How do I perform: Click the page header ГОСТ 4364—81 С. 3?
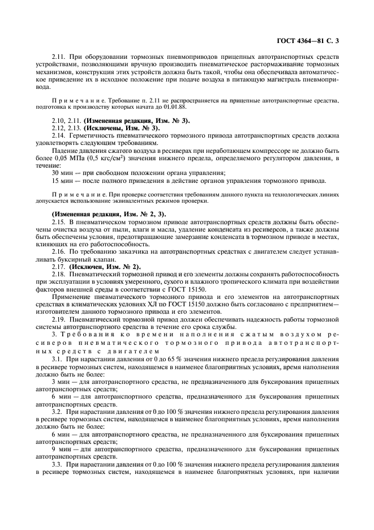pos(308,41)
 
